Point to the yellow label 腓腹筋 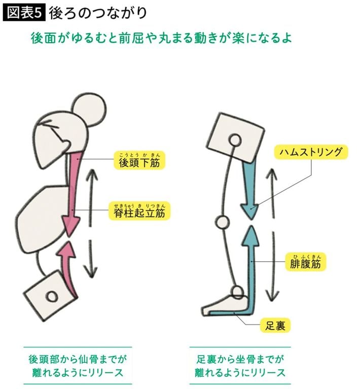[x=306, y=264]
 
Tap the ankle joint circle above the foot [x=238, y=291]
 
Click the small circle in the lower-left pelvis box [x=51, y=295]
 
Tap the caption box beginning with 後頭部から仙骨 [x=77, y=366]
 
